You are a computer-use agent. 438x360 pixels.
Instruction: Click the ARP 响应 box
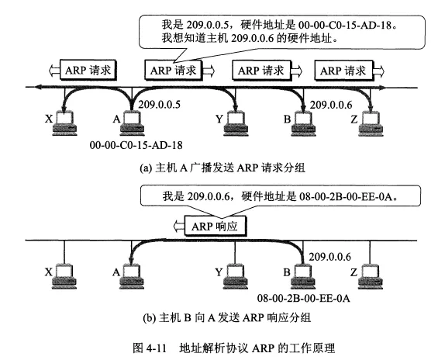pyautogui.click(x=216, y=226)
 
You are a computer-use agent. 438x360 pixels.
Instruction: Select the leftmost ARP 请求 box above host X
pyautogui.click(x=88, y=70)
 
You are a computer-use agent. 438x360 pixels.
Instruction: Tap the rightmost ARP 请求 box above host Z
pyautogui.click(x=344, y=71)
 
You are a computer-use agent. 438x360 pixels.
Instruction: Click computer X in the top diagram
pyautogui.click(x=65, y=123)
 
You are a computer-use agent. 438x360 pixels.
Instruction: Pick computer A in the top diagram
pyautogui.click(x=132, y=123)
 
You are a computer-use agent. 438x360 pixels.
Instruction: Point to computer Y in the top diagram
pyautogui.click(x=236, y=123)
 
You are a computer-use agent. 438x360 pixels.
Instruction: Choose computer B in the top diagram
pyautogui.click(x=303, y=123)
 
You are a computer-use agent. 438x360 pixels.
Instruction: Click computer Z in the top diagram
pyautogui.click(x=371, y=123)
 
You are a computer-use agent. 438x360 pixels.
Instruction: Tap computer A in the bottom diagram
pyautogui.click(x=132, y=276)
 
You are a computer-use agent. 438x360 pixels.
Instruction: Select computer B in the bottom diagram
pyautogui.click(x=303, y=276)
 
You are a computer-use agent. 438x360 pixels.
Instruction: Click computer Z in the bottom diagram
pyautogui.click(x=371, y=276)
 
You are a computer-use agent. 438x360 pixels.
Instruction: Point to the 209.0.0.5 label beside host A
pyautogui.click(x=159, y=105)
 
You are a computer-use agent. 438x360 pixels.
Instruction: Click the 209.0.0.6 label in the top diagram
pyautogui.click(x=331, y=105)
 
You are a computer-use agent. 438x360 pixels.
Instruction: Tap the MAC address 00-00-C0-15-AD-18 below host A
pyautogui.click(x=136, y=145)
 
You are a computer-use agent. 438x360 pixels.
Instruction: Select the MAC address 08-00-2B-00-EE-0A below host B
pyautogui.click(x=304, y=298)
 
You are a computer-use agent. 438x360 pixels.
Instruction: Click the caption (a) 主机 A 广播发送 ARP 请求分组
pyautogui.click(x=222, y=168)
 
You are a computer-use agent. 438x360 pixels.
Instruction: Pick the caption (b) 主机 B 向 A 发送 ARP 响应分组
pyautogui.click(x=227, y=318)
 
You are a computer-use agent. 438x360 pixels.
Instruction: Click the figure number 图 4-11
pyautogui.click(x=150, y=348)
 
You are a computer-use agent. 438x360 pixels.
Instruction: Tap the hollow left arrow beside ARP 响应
pyautogui.click(x=179, y=226)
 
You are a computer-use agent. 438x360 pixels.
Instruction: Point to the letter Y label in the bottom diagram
pyautogui.click(x=219, y=272)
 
